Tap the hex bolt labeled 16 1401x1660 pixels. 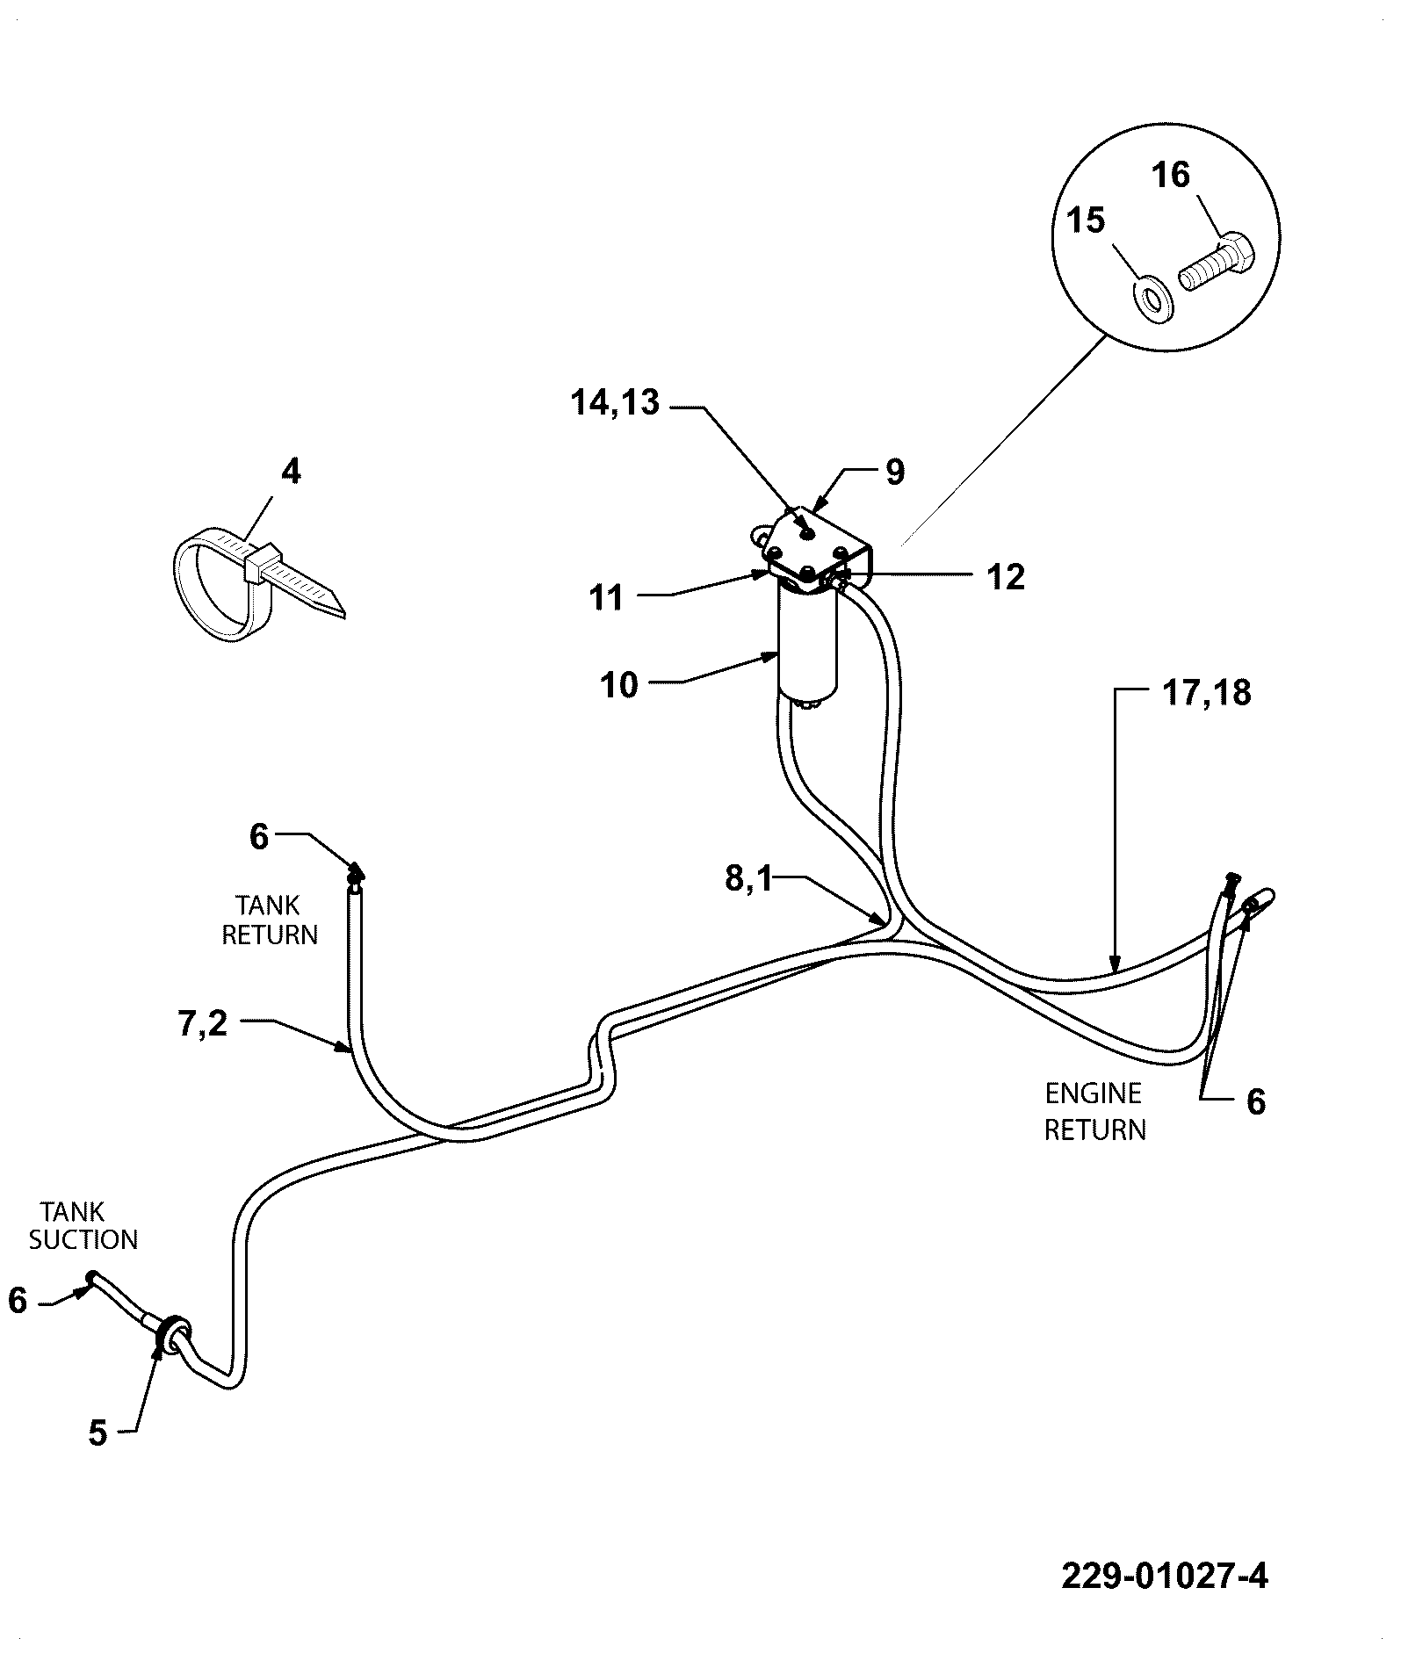pyautogui.click(x=1217, y=263)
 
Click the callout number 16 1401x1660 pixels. pyautogui.click(x=1171, y=175)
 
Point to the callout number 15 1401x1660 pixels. pyautogui.click(x=1086, y=220)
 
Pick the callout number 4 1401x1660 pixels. pyautogui.click(x=291, y=472)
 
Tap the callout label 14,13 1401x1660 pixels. pyautogui.click(x=615, y=402)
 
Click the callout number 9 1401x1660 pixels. pyautogui.click(x=894, y=473)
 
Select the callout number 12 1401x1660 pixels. pyautogui.click(x=1006, y=577)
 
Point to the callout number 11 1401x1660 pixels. pyautogui.click(x=607, y=598)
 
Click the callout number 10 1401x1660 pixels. pyautogui.click(x=619, y=685)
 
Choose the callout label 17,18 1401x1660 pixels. pyautogui.click(x=1208, y=693)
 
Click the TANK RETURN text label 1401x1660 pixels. pyautogui.click(x=270, y=920)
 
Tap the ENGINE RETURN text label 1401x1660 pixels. pyautogui.click(x=1094, y=1111)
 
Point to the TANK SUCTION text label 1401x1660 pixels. pyautogui.click(x=83, y=1226)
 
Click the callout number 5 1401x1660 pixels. pyautogui.click(x=97, y=1434)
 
